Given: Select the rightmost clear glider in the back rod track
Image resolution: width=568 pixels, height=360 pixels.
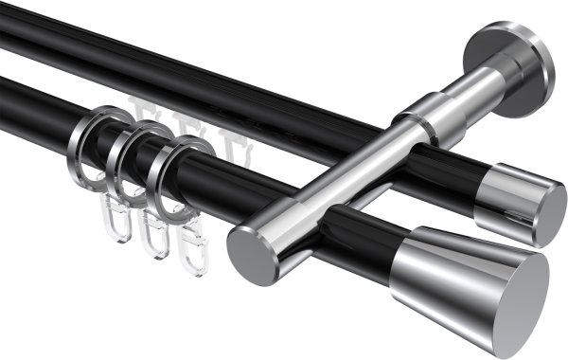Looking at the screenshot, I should click(229, 148).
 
